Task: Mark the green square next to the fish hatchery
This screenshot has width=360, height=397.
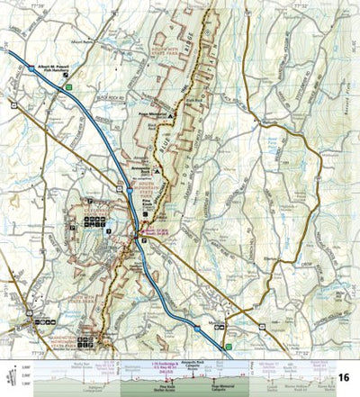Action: [x=68, y=87]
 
